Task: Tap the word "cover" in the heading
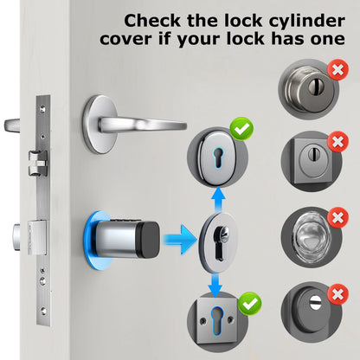point(125,39)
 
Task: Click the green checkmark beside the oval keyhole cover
point(241,129)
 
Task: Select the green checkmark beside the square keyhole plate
point(250,304)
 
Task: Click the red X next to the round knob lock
point(337,70)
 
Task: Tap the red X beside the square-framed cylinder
point(337,142)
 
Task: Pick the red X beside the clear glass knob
point(337,217)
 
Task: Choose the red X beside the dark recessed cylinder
point(337,294)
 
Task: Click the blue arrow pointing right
point(180,240)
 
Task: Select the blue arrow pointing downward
point(215,286)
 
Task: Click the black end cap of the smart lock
point(148,239)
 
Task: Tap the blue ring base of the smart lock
point(93,241)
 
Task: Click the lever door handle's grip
point(142,125)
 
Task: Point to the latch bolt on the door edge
point(36,164)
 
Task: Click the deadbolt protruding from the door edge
point(16,236)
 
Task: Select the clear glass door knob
point(311,237)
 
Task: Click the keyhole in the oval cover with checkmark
point(218,157)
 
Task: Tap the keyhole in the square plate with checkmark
point(215,321)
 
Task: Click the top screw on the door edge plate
point(43,109)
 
